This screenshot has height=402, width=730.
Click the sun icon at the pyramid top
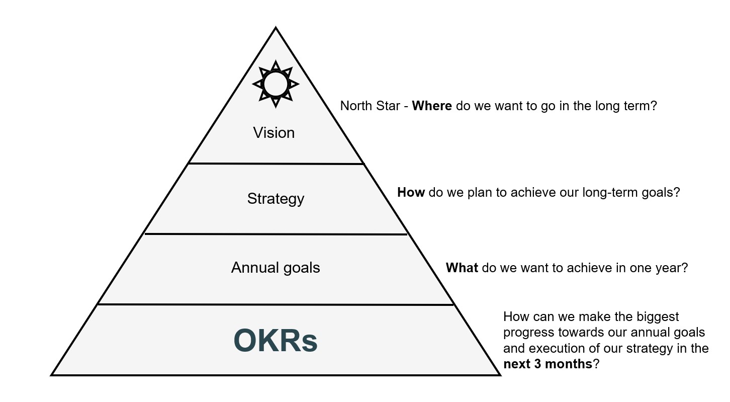(x=276, y=84)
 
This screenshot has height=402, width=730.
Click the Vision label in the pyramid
(x=274, y=133)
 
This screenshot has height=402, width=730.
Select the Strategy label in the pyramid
(x=276, y=199)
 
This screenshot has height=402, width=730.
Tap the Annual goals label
(x=276, y=267)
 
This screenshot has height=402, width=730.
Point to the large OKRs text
(x=276, y=341)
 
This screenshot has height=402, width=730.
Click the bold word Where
(x=432, y=106)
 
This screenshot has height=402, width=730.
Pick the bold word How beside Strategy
(x=411, y=192)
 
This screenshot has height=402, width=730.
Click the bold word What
(x=462, y=268)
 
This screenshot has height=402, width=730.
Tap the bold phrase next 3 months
(x=548, y=364)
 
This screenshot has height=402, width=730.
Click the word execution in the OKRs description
(x=556, y=348)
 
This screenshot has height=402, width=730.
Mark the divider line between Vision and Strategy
(x=276, y=164)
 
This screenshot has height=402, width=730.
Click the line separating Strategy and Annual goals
(x=276, y=234)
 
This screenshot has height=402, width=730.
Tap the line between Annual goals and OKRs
(x=276, y=304)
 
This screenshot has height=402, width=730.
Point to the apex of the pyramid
(x=276, y=28)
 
